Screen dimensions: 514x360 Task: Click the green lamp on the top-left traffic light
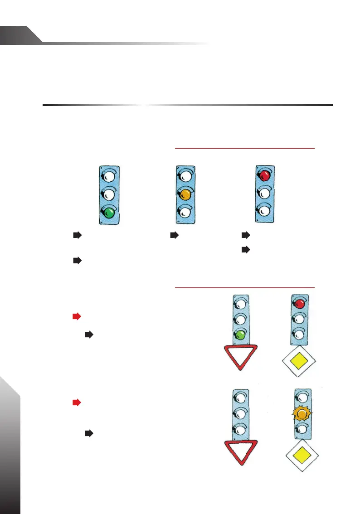[x=109, y=212]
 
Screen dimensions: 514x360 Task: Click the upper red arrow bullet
[x=77, y=316]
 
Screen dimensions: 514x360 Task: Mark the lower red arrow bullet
[x=77, y=402]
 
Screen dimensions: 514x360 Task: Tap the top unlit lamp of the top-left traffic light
[x=109, y=175]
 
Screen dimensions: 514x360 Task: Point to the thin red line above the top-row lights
[x=244, y=148]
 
